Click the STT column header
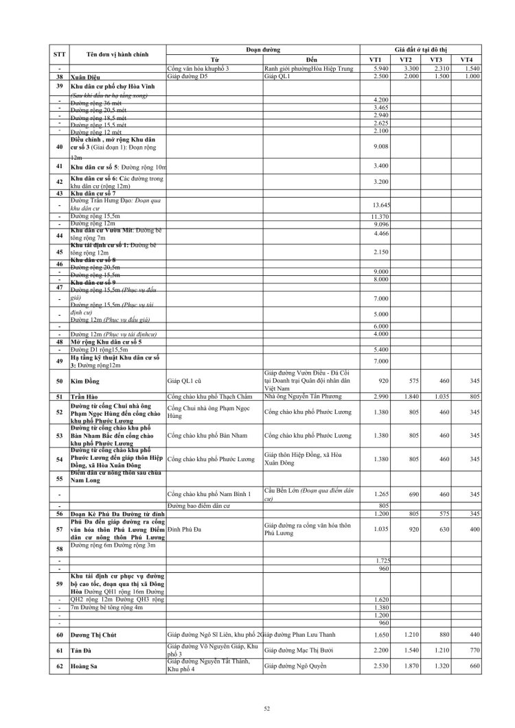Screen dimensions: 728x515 coord(60,54)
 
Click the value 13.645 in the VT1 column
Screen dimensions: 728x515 coord(380,205)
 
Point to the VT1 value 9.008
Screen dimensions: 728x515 coord(380,145)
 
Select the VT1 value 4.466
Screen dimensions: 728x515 coord(380,235)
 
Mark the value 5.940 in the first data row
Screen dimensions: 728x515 coord(380,70)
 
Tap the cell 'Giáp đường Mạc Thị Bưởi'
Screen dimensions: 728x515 coord(299,650)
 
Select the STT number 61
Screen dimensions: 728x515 coord(60,650)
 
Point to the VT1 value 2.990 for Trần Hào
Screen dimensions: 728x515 coord(380,397)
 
